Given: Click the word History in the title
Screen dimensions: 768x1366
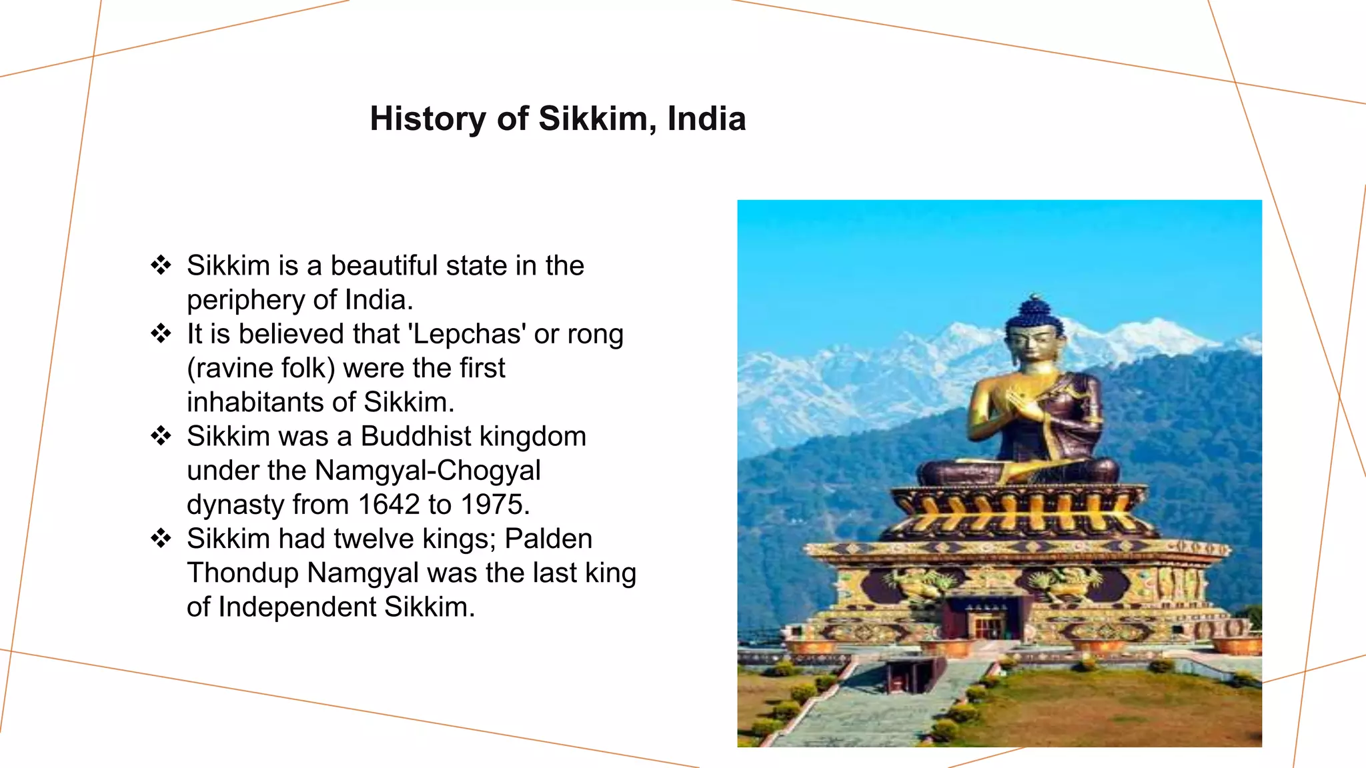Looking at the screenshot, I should coord(427,119).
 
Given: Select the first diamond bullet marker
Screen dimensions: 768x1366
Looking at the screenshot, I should coord(161,265).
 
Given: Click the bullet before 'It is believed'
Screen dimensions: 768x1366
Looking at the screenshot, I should coord(161,333).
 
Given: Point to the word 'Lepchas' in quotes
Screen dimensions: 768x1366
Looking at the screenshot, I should coord(466,333).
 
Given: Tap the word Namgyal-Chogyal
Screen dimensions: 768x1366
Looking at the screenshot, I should coord(427,470).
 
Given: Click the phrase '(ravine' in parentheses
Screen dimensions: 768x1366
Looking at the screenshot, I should coord(231,368).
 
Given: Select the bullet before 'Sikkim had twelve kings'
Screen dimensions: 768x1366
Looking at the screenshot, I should coord(161,538).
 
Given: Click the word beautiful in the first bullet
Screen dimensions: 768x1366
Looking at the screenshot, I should coord(384,265).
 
